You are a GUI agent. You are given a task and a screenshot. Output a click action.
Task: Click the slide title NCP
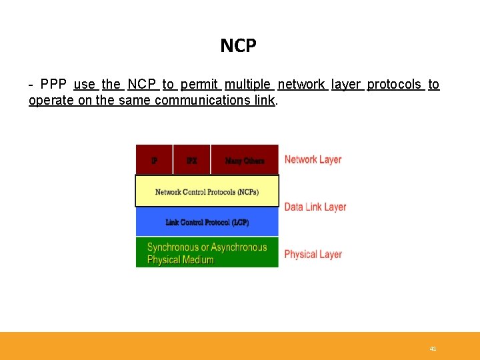pyautogui.click(x=238, y=45)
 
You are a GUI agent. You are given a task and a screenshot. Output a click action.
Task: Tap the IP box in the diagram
pyautogui.click(x=154, y=160)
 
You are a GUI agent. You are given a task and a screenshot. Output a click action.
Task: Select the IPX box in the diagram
pyautogui.click(x=191, y=160)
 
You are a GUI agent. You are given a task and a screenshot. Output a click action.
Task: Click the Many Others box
pyautogui.click(x=245, y=160)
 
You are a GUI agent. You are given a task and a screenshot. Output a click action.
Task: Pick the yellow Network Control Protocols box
pyautogui.click(x=207, y=191)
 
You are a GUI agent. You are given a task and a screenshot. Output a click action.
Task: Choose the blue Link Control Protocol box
pyautogui.click(x=207, y=221)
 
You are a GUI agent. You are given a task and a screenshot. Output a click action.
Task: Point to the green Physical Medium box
pyautogui.click(x=207, y=253)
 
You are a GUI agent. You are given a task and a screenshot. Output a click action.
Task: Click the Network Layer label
pyautogui.click(x=313, y=159)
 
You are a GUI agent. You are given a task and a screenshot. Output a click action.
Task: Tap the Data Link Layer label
pyautogui.click(x=315, y=207)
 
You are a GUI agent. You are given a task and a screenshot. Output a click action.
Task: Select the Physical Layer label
pyautogui.click(x=313, y=254)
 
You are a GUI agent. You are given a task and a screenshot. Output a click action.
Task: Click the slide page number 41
pyautogui.click(x=433, y=349)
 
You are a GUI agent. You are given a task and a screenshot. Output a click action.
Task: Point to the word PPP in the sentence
pyautogui.click(x=53, y=85)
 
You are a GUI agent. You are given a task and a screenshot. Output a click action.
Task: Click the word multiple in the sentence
pyautogui.click(x=248, y=85)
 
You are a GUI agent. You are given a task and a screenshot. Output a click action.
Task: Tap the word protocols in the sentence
pyautogui.click(x=394, y=85)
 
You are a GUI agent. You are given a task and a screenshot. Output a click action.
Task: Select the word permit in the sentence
pyautogui.click(x=199, y=85)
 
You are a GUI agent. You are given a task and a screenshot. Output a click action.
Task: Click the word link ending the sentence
pyautogui.click(x=265, y=101)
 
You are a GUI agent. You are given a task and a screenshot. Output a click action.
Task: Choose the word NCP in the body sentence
pyautogui.click(x=141, y=85)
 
